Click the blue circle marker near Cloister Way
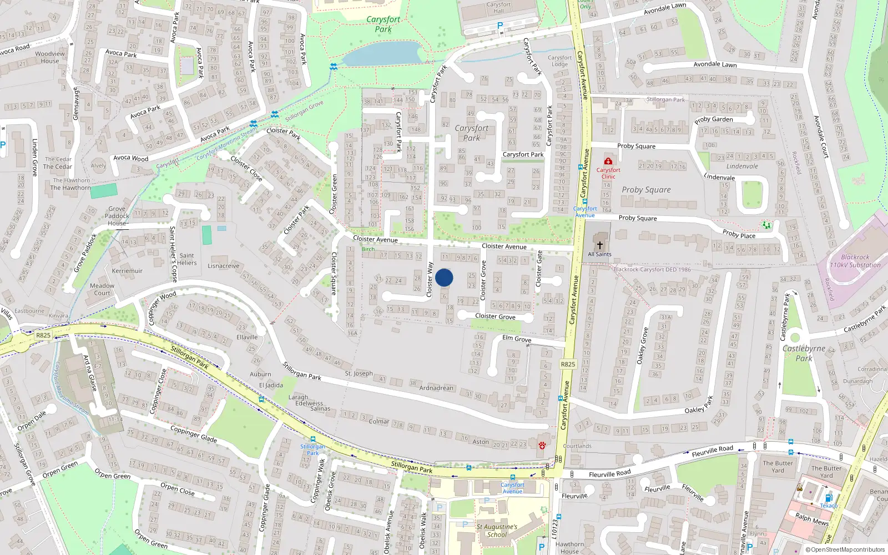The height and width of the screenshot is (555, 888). coord(444,277)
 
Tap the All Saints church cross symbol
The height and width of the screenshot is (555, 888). coord(599,245)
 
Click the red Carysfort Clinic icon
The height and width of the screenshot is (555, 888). coord(608,161)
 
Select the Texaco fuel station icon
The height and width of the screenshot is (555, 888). coord(829,498)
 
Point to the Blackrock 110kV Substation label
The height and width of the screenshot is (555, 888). coord(855,261)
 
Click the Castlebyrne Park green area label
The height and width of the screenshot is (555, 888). coord(804,353)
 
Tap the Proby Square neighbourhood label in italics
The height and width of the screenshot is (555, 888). coord(646,190)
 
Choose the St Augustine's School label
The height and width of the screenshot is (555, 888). coord(497,531)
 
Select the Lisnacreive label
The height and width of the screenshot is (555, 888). coord(224,266)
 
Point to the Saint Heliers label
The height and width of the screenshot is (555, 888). coord(187,259)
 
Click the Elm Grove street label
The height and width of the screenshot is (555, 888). coord(517,339)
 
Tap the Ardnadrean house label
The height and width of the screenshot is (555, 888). coord(436,388)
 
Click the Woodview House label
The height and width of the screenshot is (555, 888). coord(50,57)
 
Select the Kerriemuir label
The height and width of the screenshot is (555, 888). coord(127,271)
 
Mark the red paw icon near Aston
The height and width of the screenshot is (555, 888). coord(542,445)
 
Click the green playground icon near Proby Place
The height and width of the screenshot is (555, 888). coord(766,225)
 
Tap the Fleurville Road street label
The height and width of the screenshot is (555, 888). coord(609,473)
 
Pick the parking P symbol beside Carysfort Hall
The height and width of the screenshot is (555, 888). coord(500,26)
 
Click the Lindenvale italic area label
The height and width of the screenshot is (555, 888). coord(742,166)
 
